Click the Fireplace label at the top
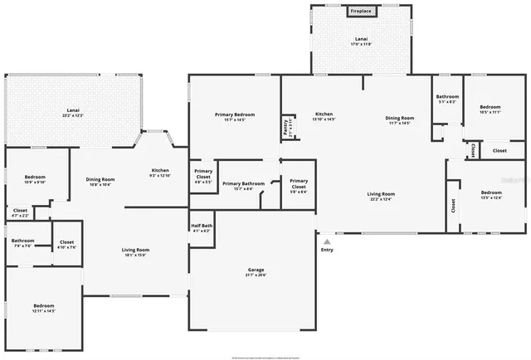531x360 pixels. [360, 11]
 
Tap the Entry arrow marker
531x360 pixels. [327, 241]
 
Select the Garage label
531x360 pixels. [256, 270]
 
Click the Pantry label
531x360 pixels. [285, 127]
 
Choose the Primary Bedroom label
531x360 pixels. [235, 114]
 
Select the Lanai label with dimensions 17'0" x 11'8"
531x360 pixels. [361, 39]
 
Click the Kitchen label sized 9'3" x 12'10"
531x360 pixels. [160, 171]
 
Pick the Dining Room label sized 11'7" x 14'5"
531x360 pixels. [399, 118]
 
